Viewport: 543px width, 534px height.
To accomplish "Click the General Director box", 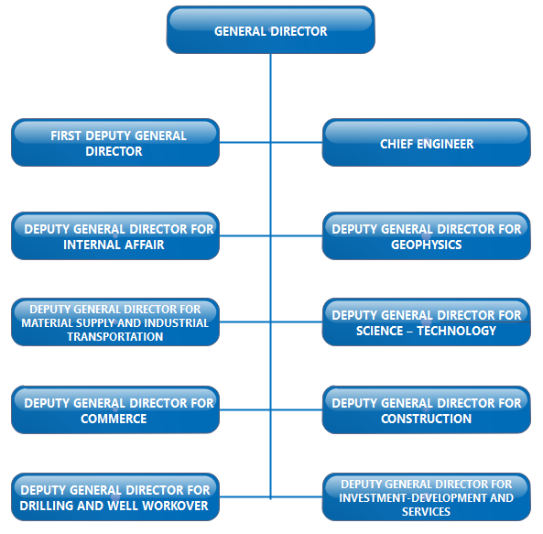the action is click(270, 30).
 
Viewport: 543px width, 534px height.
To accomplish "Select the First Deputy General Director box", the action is click(115, 142).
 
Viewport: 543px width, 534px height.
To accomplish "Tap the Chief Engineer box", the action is click(427, 142).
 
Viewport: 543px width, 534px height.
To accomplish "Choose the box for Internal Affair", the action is click(115, 235).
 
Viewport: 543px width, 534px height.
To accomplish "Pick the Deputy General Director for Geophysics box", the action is click(427, 235).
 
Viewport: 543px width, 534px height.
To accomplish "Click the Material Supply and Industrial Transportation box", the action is click(115, 322).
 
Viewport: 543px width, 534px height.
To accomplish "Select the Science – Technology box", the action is click(427, 322).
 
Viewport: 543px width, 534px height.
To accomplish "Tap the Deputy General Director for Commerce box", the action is click(115, 409).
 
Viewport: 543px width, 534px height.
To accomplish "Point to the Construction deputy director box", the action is click(427, 409).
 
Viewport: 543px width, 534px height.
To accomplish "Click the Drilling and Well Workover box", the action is click(115, 497).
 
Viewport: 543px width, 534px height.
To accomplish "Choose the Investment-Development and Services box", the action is click(427, 497).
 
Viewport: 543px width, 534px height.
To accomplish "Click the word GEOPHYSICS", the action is click(427, 245).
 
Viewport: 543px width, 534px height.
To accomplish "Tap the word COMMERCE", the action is click(114, 419).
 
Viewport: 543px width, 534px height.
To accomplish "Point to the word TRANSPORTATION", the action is click(115, 336).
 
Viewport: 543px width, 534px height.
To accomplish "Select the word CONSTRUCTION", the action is click(427, 419).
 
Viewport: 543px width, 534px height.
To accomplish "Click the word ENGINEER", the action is click(445, 144).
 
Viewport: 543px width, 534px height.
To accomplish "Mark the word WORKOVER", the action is click(175, 506).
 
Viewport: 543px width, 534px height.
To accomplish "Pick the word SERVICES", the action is click(426, 511).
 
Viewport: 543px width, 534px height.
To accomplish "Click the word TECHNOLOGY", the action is click(456, 331).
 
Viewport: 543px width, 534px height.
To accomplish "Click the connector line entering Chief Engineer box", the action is click(297, 142).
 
